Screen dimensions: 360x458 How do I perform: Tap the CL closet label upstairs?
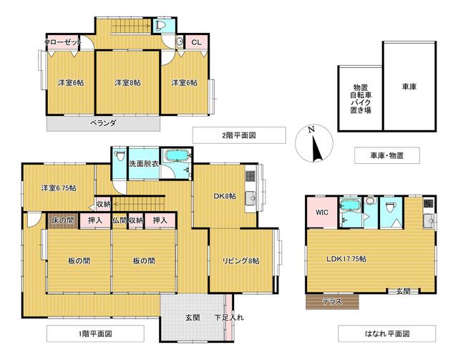click(195, 42)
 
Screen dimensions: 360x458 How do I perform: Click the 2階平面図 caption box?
click(239, 135)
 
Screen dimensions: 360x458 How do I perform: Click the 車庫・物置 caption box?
click(387, 155)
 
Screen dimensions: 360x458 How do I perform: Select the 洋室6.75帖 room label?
click(59, 188)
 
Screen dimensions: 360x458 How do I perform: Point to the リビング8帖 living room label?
click(241, 261)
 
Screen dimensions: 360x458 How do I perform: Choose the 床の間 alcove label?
click(62, 220)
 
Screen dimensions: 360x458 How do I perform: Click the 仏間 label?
click(120, 220)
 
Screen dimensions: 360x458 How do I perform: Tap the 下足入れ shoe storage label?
click(228, 317)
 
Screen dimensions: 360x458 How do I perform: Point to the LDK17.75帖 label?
click(349, 258)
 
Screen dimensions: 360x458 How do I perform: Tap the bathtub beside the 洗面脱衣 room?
click(175, 157)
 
